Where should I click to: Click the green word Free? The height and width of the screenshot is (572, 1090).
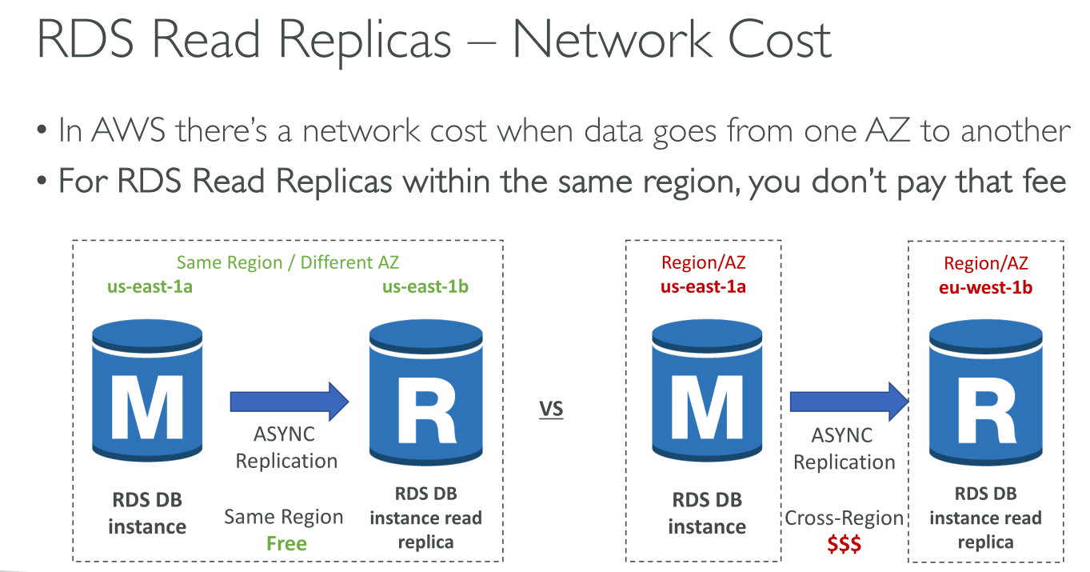point(286,543)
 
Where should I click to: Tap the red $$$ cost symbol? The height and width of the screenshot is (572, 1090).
point(844,544)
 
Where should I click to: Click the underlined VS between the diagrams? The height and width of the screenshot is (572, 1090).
point(551,409)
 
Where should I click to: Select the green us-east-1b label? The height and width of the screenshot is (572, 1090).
point(425,286)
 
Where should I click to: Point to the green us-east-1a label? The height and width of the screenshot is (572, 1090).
point(150,286)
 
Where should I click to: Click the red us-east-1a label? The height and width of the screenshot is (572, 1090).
point(703,286)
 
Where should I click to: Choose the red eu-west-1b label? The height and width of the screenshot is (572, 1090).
point(986,287)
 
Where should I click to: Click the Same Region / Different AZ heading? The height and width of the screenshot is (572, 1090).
point(288,262)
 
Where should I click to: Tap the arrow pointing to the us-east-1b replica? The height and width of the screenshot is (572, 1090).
point(289,402)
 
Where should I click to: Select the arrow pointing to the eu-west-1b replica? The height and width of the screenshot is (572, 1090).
point(849,402)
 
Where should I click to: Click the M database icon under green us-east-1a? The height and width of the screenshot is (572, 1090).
point(147,390)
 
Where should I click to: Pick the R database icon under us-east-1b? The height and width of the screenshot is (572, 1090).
point(425,392)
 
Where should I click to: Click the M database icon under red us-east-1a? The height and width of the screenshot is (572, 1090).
point(707,390)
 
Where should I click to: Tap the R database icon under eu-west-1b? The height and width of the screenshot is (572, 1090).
point(986,392)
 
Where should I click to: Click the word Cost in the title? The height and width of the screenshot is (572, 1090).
point(780,40)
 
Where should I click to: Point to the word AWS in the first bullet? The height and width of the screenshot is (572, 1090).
point(129,130)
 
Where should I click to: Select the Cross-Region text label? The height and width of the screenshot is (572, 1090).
point(844,518)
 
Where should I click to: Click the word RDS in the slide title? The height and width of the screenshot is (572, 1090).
point(85,40)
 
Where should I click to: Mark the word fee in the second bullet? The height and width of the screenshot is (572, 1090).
point(1044,181)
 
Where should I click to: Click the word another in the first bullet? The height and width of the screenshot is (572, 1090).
point(1016,130)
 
